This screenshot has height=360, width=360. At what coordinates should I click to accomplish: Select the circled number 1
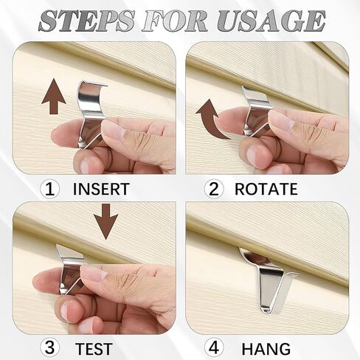[51, 189]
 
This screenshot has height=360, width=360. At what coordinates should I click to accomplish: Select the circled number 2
[214, 189]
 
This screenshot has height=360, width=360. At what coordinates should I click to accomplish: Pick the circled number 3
[51, 347]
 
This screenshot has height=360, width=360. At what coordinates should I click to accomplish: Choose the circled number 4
[214, 347]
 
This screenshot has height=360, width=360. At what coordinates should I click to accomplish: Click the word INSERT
[101, 189]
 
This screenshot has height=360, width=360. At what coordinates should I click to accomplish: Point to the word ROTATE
[266, 189]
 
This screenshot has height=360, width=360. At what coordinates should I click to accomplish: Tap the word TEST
[93, 347]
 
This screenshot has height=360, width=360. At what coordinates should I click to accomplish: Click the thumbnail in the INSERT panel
[113, 131]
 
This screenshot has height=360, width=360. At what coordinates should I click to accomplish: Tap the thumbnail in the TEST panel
[94, 274]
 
